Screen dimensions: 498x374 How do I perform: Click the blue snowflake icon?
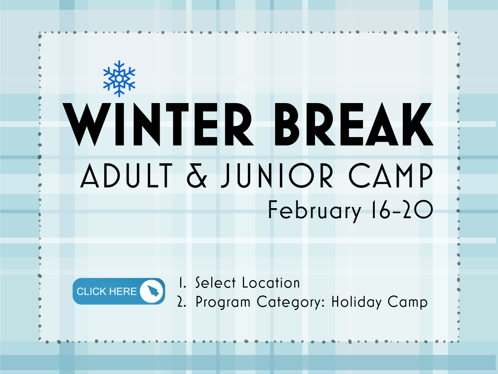coord(119,79)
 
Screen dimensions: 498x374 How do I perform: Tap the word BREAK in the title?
coord(354,124)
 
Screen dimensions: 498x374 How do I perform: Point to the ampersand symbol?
coord(197,175)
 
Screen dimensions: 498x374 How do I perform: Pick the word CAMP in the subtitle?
coord(391,175)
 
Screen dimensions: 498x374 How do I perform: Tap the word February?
coord(315,211)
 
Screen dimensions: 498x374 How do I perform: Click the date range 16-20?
coord(402,209)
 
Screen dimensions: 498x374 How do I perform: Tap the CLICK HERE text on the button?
coord(107,291)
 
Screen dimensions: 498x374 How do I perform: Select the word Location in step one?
coord(271,283)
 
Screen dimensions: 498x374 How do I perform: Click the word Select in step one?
coord(215,283)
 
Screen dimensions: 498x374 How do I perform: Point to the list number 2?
coord(181,302)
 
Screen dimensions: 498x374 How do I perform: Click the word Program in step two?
coord(223,303)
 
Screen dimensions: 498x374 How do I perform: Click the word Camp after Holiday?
coord(407,303)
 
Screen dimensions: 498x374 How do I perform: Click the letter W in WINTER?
coord(87,125)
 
